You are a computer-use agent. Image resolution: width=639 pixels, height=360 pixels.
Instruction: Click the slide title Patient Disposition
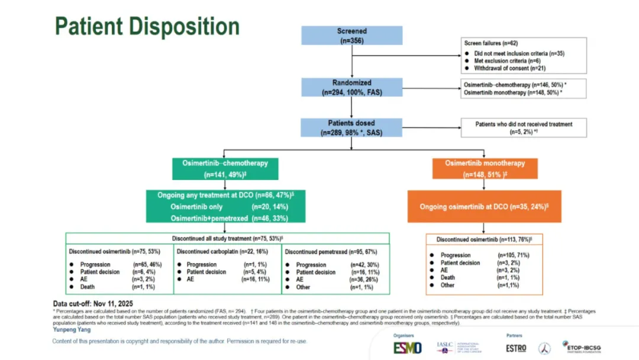tap(147, 27)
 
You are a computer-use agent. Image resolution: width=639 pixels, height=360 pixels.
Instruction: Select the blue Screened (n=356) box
tap(351, 36)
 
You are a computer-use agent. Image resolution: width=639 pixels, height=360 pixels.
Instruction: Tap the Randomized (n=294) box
tap(351, 88)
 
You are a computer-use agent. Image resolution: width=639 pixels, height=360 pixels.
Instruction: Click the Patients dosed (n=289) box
tap(351, 128)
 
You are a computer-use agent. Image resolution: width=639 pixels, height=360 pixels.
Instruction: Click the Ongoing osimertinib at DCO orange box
tap(484, 207)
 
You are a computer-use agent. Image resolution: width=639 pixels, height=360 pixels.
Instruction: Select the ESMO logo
tap(408, 348)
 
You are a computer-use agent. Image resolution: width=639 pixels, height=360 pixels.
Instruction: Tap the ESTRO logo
tap(516, 348)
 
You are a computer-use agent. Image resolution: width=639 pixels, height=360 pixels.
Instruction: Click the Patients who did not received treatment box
tap(524, 128)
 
